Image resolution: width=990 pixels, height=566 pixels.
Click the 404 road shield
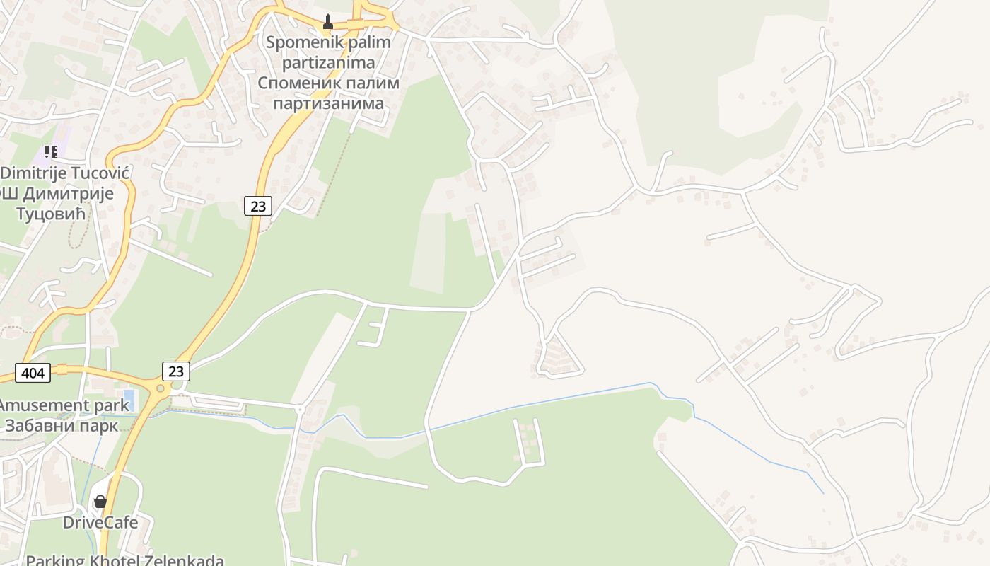click(x=33, y=373)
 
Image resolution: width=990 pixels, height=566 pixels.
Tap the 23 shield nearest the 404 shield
click(x=175, y=371)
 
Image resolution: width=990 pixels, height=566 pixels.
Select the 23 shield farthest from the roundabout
click(x=258, y=206)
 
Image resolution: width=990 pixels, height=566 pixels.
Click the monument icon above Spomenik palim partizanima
click(x=327, y=22)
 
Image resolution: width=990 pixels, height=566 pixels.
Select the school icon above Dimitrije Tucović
click(x=50, y=151)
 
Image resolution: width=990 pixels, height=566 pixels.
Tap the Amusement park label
click(x=64, y=405)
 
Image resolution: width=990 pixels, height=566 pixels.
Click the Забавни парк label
click(x=62, y=426)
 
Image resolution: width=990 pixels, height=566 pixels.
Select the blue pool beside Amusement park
click(x=128, y=400)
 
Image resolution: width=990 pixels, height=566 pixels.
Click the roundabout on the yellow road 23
click(x=161, y=388)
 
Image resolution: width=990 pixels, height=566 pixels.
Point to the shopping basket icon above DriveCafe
click(x=100, y=501)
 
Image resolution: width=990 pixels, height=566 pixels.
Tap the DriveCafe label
click(x=100, y=523)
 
